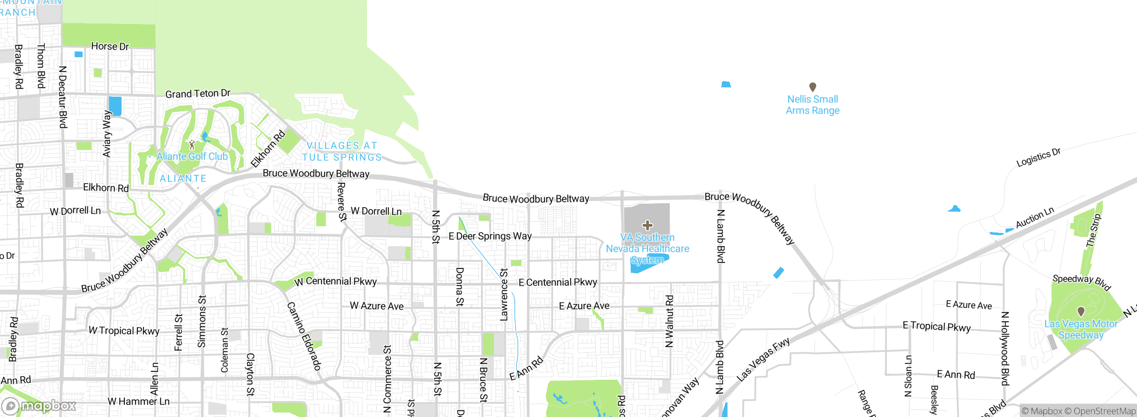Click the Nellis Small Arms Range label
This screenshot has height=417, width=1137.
[x=812, y=105]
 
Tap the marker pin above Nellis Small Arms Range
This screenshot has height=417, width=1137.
[x=812, y=87]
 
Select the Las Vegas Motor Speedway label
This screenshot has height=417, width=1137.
[x=1081, y=330]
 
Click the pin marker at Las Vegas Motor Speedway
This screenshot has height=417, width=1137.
[x=1081, y=311]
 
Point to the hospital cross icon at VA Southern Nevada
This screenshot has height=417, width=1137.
[x=648, y=225]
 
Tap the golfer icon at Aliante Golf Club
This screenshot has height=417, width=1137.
[x=192, y=145]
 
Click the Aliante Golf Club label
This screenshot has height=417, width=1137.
[x=192, y=157]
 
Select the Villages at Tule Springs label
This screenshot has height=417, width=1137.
[x=342, y=151]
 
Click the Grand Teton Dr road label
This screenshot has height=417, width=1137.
[x=198, y=94]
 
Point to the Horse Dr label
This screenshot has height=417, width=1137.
[x=110, y=46]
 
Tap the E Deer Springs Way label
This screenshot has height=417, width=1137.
[x=490, y=236]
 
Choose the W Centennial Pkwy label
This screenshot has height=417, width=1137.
[x=335, y=281]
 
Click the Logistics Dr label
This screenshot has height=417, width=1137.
[x=1038, y=157]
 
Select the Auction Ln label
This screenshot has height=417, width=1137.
[x=1035, y=217]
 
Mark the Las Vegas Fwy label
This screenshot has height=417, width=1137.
[x=763, y=359]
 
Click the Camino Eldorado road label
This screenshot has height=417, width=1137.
[x=304, y=336]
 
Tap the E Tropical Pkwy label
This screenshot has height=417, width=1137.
[x=937, y=327]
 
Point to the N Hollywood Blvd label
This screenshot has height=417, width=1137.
[x=1005, y=348]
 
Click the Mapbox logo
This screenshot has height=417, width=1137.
[x=39, y=406]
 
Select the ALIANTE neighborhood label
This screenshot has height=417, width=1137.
[x=183, y=178]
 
